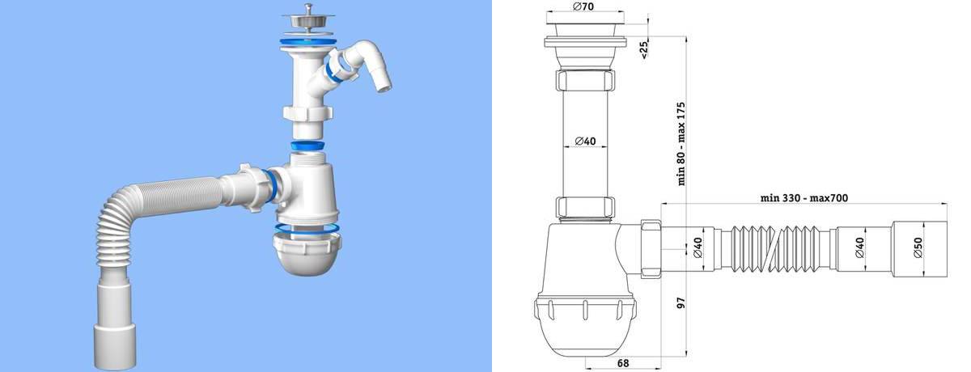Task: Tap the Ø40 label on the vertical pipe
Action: click(585, 142)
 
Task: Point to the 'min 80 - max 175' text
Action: click(681, 142)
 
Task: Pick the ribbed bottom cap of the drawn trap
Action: click(584, 319)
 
